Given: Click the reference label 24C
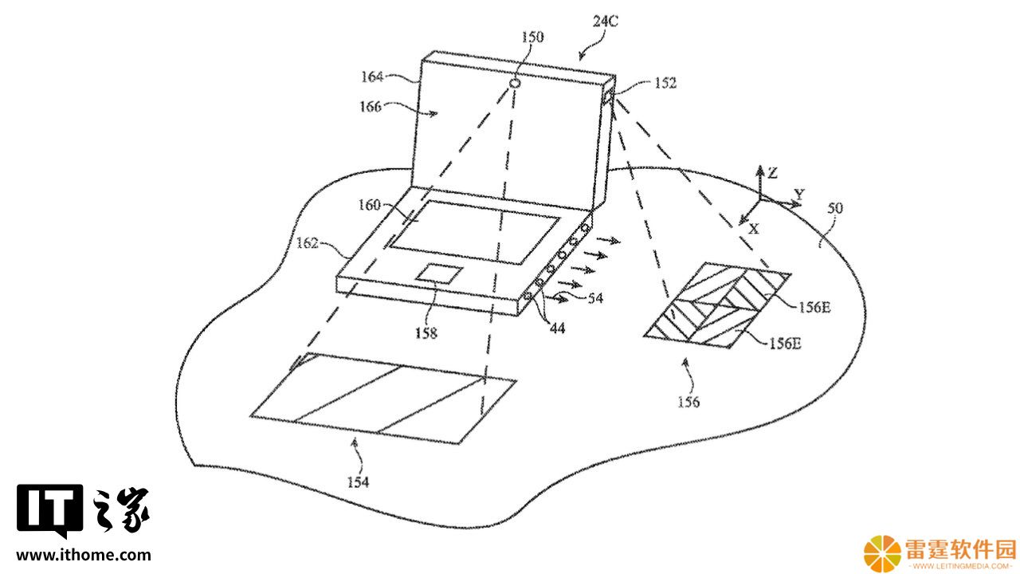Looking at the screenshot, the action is click(605, 21).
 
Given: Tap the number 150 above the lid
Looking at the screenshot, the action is click(532, 37).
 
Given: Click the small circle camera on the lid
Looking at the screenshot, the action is click(515, 84).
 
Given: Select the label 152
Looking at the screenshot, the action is click(665, 83).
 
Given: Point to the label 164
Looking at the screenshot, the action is click(372, 77).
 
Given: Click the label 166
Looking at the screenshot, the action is click(371, 107).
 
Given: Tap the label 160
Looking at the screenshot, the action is click(369, 205).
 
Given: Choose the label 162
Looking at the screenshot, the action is click(307, 243).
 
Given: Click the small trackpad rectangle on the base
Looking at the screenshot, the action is click(439, 273).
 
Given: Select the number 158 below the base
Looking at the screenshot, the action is click(426, 333).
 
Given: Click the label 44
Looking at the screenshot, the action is click(557, 328).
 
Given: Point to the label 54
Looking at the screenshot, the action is click(595, 298).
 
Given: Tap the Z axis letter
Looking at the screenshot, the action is click(773, 173).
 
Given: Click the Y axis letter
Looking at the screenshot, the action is click(799, 195).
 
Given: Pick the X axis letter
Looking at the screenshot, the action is click(754, 229).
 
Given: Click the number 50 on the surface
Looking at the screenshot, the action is click(835, 208).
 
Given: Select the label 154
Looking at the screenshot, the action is click(358, 482).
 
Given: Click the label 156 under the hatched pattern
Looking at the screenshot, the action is click(688, 402).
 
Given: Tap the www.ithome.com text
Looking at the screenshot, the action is click(84, 556).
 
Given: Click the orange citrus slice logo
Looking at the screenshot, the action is click(882, 554).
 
